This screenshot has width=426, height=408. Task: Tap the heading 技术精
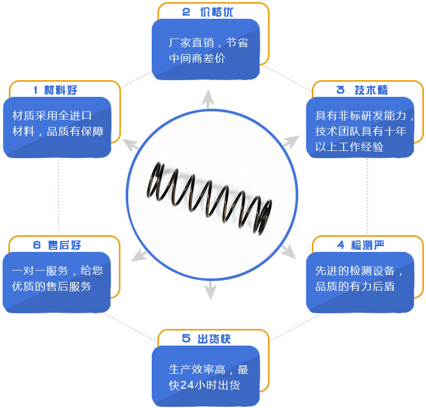pos(371,90)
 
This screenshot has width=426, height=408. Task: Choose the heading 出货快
pos(214,339)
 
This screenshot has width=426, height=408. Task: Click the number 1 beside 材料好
pos(35,90)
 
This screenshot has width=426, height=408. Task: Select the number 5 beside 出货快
pos(186,339)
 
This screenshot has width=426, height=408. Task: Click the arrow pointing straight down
pos(210,290)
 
